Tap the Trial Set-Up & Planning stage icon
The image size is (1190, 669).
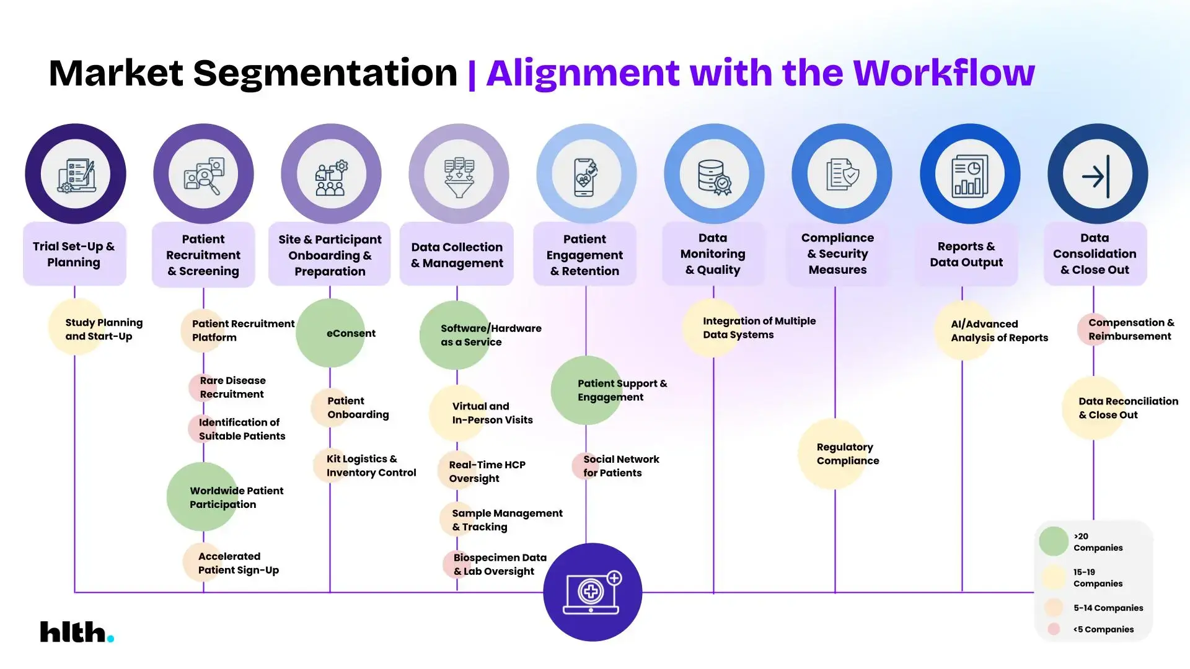point(76,174)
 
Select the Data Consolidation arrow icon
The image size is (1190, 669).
point(1097,175)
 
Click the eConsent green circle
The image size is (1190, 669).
point(330,333)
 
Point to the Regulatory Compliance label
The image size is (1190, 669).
point(847,454)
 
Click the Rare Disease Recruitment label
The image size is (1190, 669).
point(232,387)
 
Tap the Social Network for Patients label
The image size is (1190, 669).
point(620,466)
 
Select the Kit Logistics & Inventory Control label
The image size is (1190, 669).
point(371,466)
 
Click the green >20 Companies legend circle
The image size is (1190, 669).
point(1053,541)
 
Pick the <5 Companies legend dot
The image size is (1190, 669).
point(1053,629)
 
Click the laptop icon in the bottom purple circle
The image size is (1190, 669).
point(592,593)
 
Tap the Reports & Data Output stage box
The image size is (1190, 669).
point(966,255)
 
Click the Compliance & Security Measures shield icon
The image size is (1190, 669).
point(842,175)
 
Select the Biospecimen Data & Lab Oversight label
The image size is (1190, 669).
point(499,564)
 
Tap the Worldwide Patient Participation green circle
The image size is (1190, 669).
point(203,497)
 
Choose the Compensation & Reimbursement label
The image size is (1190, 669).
point(1130,330)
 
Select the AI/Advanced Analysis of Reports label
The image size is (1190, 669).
point(998,331)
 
